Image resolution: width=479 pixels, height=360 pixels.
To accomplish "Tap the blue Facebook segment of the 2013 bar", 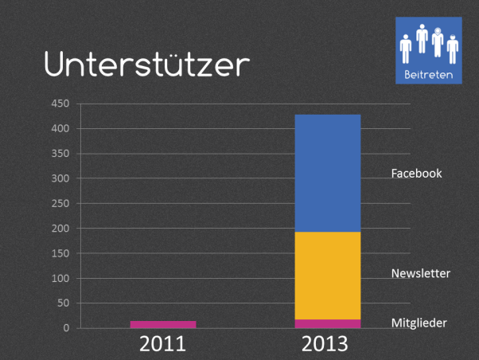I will [328, 173].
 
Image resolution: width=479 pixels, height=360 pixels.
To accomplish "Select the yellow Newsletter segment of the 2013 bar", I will [328, 276].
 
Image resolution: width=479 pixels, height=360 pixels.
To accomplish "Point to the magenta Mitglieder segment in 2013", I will [328, 323].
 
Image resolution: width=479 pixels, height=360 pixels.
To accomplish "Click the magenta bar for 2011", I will [163, 324].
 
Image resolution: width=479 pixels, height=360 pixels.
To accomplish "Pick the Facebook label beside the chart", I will [416, 173].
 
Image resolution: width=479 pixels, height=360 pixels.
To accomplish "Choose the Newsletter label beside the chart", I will [421, 273].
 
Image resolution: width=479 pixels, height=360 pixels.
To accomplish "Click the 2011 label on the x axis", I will [163, 344].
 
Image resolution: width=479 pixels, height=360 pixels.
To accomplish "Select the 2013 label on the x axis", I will [325, 344].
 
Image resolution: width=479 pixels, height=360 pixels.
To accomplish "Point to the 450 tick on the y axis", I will [61, 104].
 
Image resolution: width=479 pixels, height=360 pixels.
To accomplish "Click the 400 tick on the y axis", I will [61, 128].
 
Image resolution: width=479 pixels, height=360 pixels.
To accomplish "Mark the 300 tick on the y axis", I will [61, 178].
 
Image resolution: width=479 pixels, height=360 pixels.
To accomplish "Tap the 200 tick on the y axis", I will [61, 229].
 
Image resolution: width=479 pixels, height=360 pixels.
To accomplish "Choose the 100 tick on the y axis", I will [61, 278].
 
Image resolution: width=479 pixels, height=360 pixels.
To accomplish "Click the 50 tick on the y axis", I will [64, 303].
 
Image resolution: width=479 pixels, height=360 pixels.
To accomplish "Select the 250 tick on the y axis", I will [61, 203].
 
